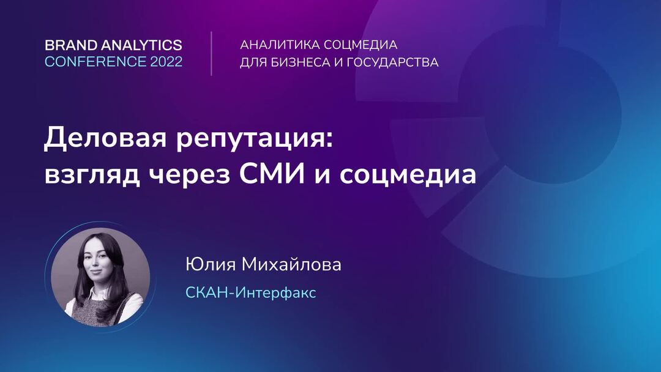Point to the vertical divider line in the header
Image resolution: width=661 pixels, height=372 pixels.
(211, 53)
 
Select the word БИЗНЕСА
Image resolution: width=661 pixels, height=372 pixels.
(300, 62)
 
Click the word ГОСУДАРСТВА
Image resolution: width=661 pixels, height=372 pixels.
(392, 62)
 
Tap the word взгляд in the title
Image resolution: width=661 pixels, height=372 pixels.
(92, 175)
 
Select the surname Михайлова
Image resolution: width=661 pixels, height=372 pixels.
(291, 264)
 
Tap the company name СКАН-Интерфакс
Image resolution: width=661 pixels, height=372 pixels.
(250, 292)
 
